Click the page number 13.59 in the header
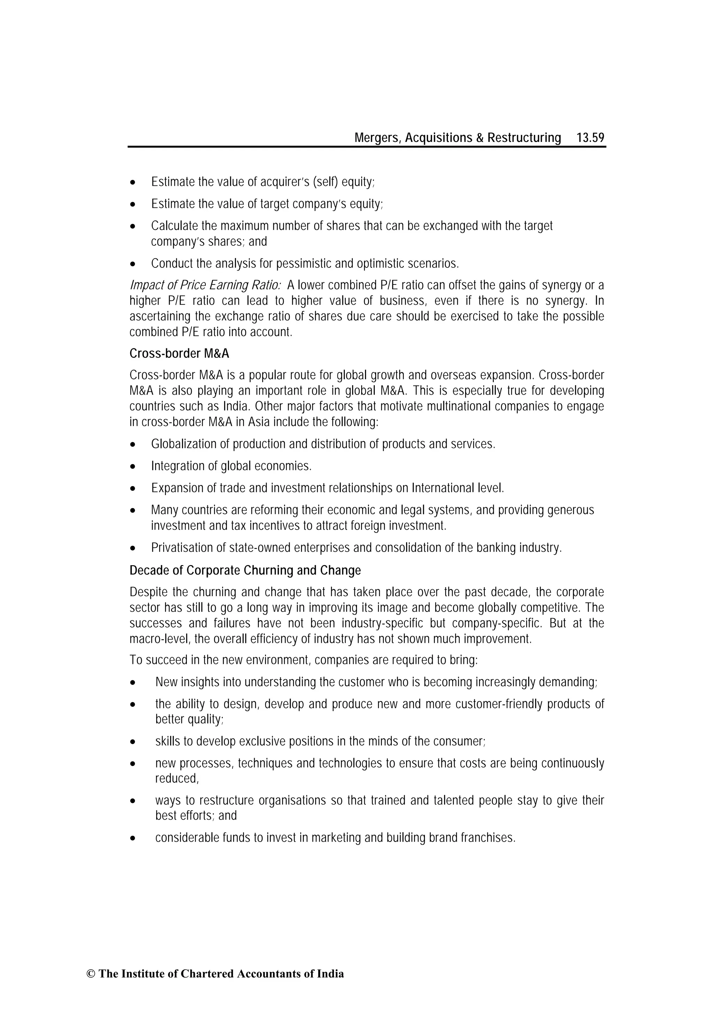(590, 138)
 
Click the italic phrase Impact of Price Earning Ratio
(205, 286)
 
